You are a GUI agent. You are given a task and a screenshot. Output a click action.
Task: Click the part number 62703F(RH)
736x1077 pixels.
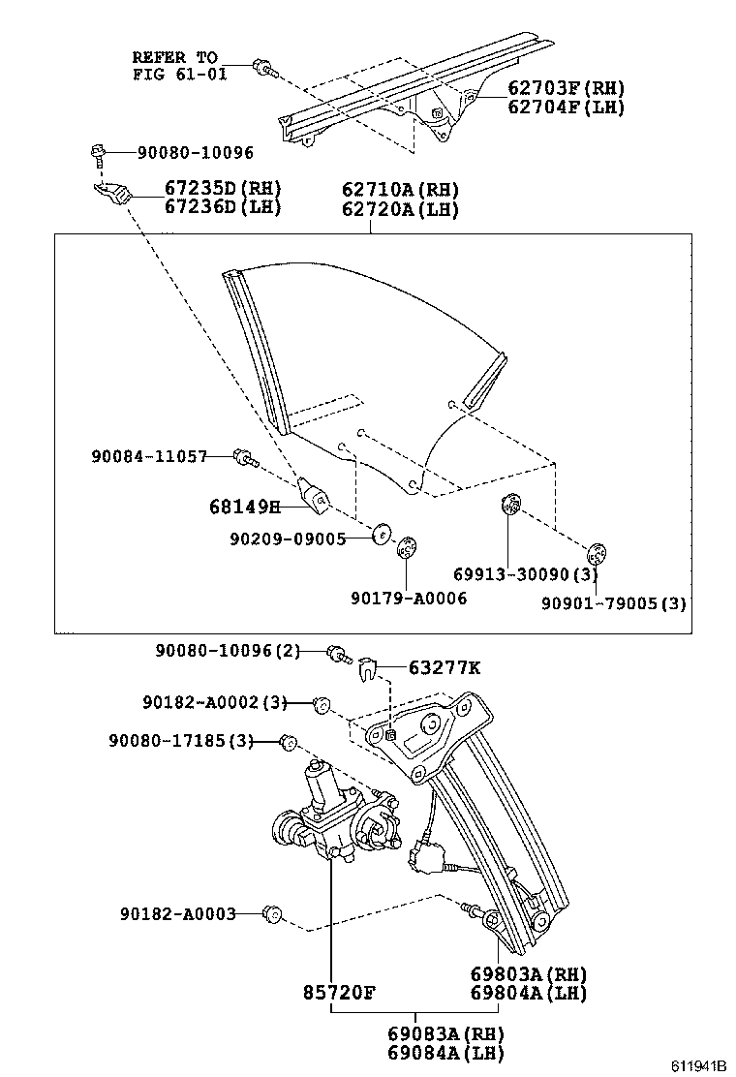pyautogui.click(x=566, y=88)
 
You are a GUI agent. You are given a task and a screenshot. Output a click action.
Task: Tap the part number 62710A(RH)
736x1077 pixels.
pyautogui.click(x=399, y=190)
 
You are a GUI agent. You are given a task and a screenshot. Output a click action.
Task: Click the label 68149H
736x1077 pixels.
pyautogui.click(x=244, y=506)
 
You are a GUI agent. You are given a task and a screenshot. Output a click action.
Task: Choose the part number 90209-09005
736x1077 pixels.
pyautogui.click(x=288, y=539)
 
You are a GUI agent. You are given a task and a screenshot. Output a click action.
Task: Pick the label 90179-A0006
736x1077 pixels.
pyautogui.click(x=409, y=599)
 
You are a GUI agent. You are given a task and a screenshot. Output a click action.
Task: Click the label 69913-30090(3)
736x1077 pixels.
pyautogui.click(x=527, y=575)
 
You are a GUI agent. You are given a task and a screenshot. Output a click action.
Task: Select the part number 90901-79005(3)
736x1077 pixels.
pyautogui.click(x=614, y=603)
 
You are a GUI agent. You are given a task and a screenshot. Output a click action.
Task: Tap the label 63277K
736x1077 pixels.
pyautogui.click(x=445, y=667)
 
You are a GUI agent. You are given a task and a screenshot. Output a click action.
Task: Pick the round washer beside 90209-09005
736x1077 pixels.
pyautogui.click(x=382, y=532)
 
